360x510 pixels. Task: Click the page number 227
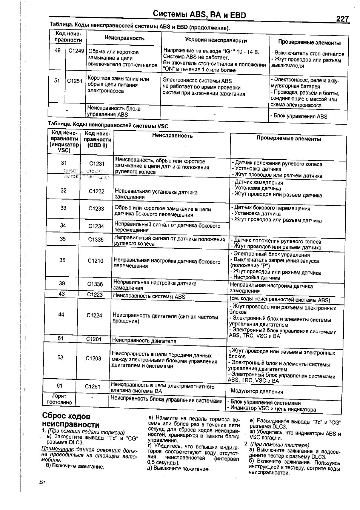(342, 18)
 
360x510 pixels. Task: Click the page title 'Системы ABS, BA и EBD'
(199, 15)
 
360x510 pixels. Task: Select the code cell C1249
(76, 51)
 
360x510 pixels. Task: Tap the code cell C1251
(75, 81)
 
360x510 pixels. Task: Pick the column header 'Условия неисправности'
(216, 40)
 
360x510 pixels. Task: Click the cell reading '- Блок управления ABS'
(299, 116)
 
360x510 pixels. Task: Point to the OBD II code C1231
(97, 163)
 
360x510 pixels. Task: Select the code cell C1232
(97, 191)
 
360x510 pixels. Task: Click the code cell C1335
(96, 239)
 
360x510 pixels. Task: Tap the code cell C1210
(95, 260)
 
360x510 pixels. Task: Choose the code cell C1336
(95, 284)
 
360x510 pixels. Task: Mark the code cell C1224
(94, 315)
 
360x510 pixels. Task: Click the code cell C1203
(93, 358)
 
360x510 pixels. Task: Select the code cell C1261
(92, 386)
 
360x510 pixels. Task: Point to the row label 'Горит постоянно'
(59, 399)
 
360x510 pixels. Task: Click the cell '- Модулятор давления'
(255, 391)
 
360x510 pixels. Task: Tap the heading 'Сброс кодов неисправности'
(71, 420)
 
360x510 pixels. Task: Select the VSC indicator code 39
(62, 284)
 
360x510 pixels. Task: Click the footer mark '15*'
(42, 482)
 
